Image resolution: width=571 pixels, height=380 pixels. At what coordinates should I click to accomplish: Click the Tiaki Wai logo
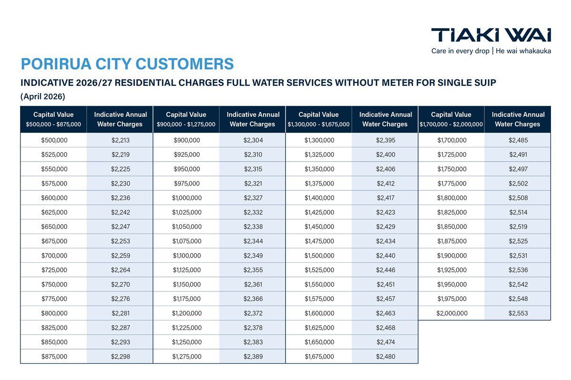[491, 35]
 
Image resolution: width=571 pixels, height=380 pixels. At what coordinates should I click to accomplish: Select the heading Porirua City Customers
[128, 64]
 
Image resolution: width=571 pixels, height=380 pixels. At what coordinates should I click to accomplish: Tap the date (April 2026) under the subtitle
[43, 97]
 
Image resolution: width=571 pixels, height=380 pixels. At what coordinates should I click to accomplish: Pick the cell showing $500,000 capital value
[54, 140]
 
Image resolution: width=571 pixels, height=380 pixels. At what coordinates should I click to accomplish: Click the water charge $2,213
[120, 140]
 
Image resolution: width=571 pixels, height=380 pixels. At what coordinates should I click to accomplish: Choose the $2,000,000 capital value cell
[451, 313]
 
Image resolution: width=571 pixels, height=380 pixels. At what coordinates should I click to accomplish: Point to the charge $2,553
[518, 313]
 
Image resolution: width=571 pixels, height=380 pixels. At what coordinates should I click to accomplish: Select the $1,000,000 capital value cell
[186, 198]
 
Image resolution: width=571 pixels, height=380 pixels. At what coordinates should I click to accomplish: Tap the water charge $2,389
[253, 356]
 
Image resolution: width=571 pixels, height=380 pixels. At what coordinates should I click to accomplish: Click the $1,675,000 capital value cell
[319, 356]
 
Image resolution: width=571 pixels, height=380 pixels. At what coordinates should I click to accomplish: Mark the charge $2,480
[385, 356]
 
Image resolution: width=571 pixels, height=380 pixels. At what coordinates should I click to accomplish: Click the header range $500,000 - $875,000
[54, 124]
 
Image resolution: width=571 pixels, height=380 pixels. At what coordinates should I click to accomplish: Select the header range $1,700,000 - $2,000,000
[451, 124]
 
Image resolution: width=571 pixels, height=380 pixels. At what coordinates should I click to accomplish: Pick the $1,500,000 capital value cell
[319, 256]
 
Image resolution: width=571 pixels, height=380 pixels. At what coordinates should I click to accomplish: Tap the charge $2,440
[385, 256]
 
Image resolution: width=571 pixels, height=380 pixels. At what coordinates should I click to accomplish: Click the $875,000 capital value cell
[54, 356]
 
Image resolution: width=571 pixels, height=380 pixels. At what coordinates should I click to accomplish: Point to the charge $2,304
[253, 140]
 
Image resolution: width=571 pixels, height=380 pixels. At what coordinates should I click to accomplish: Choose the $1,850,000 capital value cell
[451, 226]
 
